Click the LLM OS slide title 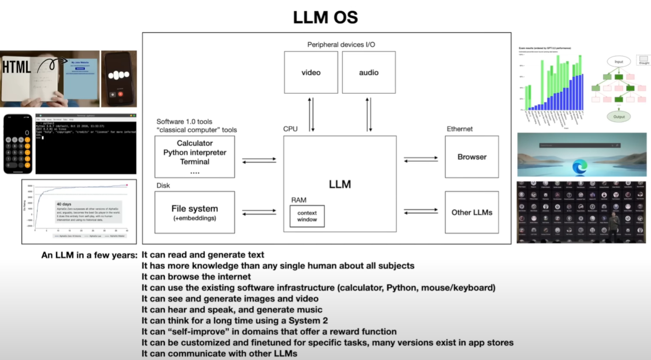pyautogui.click(x=325, y=17)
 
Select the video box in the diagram pyautogui.click(x=311, y=72)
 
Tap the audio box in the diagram pyautogui.click(x=368, y=72)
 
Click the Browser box pyautogui.click(x=471, y=157)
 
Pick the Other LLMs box pyautogui.click(x=471, y=212)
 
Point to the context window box pyautogui.click(x=307, y=216)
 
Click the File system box pyautogui.click(x=194, y=212)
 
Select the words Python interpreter pyautogui.click(x=194, y=152)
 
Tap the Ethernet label pyautogui.click(x=460, y=129)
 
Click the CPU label pyautogui.click(x=290, y=129)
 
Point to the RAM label pyautogui.click(x=298, y=200)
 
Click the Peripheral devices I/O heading pyautogui.click(x=341, y=45)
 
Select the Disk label pyautogui.click(x=163, y=185)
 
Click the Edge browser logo pyautogui.click(x=579, y=167)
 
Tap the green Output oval pyautogui.click(x=618, y=116)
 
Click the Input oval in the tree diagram pyautogui.click(x=618, y=62)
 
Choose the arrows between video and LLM pyautogui.click(x=311, y=115)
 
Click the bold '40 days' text pyautogui.click(x=64, y=203)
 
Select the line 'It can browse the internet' pyautogui.click(x=196, y=277)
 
